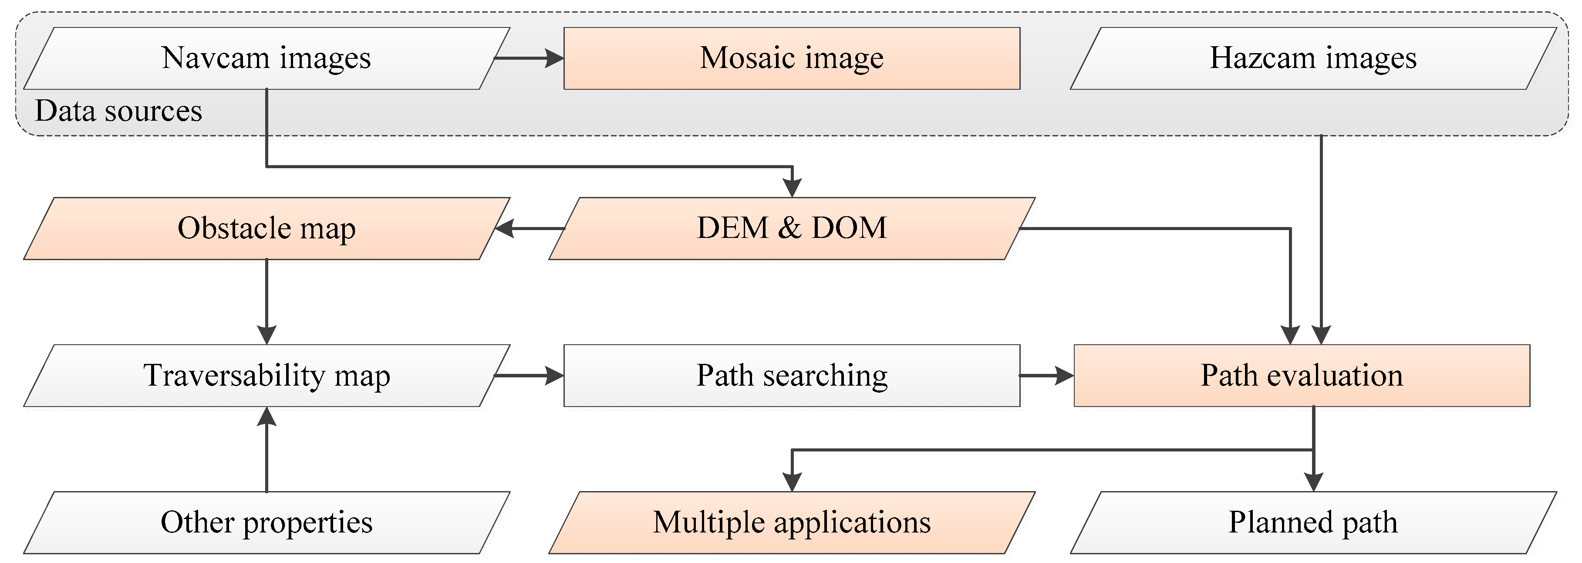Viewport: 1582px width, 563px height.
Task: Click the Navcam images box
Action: tap(266, 58)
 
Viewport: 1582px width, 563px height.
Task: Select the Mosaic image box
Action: tap(792, 58)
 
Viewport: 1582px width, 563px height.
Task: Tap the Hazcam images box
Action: tap(1312, 58)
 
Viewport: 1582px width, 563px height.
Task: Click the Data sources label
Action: tap(118, 111)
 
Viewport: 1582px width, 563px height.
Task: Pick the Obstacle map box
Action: tap(266, 229)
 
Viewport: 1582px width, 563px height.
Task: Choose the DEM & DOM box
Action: tap(792, 229)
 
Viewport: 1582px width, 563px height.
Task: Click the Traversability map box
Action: tap(266, 376)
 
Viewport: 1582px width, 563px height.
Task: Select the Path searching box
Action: tap(792, 376)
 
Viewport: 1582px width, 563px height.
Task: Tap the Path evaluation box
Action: tap(1301, 376)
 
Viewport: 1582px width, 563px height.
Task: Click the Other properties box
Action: tap(266, 522)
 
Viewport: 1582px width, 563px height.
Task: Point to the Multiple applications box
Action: tap(792, 522)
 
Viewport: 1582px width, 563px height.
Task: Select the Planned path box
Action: tap(1312, 522)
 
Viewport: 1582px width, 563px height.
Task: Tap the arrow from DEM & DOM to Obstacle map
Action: tap(530, 229)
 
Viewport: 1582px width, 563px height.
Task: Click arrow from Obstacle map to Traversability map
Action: tap(266, 301)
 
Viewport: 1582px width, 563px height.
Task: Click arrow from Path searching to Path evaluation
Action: tap(1046, 376)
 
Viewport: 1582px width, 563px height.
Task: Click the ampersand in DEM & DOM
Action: tap(790, 229)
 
